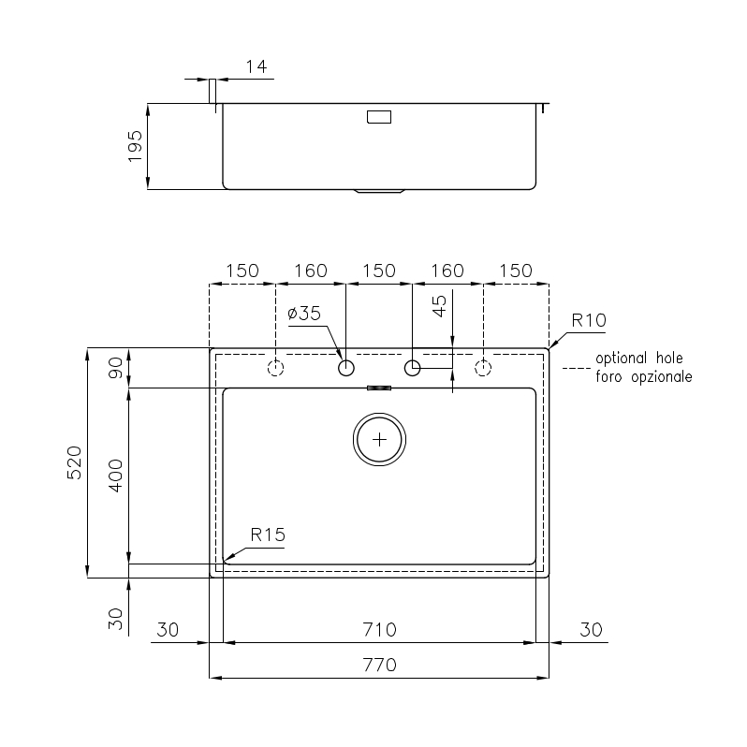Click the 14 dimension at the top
(256, 66)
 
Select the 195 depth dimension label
(136, 146)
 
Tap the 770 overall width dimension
(380, 665)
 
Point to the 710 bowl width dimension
(380, 630)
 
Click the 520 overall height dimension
(75, 462)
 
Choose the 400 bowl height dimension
(116, 476)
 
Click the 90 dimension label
(116, 367)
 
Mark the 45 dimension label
(439, 306)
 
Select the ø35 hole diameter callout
(304, 314)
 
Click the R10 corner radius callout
(589, 320)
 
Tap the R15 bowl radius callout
(268, 535)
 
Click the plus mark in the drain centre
(380, 439)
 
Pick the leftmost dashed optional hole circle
(276, 368)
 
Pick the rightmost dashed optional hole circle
(483, 368)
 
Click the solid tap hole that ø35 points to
(346, 368)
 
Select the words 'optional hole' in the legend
(639, 359)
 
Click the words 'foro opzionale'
(644, 377)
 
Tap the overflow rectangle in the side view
(379, 117)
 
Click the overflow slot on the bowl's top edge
(379, 388)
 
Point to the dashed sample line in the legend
(577, 368)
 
